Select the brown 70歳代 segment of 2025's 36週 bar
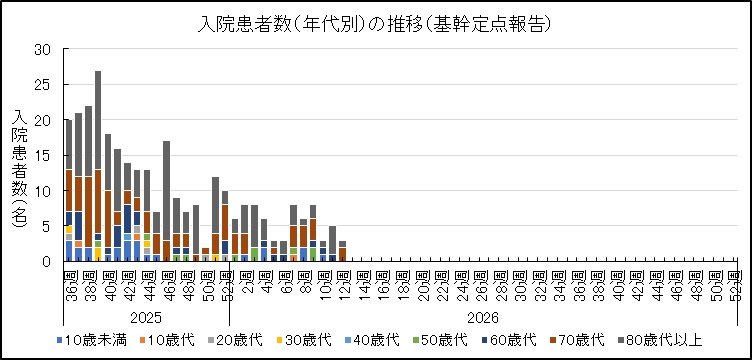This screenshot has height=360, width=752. click(x=68, y=190)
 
